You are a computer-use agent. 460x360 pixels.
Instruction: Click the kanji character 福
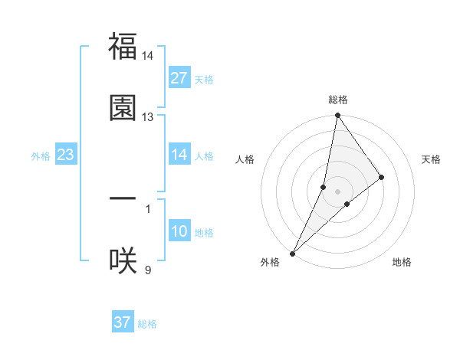(123, 47)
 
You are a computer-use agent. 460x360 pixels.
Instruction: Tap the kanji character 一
(123, 199)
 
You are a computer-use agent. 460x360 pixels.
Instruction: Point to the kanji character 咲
(123, 260)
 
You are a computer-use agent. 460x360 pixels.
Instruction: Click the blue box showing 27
(179, 78)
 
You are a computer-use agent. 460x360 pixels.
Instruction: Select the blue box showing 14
(179, 155)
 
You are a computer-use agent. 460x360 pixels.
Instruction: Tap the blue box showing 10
(179, 231)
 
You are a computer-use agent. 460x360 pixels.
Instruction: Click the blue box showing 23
(66, 155)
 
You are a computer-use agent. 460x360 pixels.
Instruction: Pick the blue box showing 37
(123, 322)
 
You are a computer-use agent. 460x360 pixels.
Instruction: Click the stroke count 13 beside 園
(147, 117)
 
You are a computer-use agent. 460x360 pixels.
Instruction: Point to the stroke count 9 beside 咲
(147, 270)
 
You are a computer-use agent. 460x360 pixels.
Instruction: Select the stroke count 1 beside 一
(147, 208)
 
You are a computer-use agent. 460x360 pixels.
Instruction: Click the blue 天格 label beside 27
(204, 80)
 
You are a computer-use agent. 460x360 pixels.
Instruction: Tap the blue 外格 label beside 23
(41, 156)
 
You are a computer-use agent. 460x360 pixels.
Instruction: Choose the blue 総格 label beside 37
(147, 324)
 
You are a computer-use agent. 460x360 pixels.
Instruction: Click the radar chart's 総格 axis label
(337, 100)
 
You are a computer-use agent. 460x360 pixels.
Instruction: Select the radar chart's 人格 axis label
(245, 159)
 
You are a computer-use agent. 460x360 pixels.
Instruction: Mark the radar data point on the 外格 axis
(292, 253)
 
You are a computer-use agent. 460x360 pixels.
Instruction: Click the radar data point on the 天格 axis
(382, 177)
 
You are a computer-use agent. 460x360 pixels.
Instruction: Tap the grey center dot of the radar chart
(337, 191)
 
